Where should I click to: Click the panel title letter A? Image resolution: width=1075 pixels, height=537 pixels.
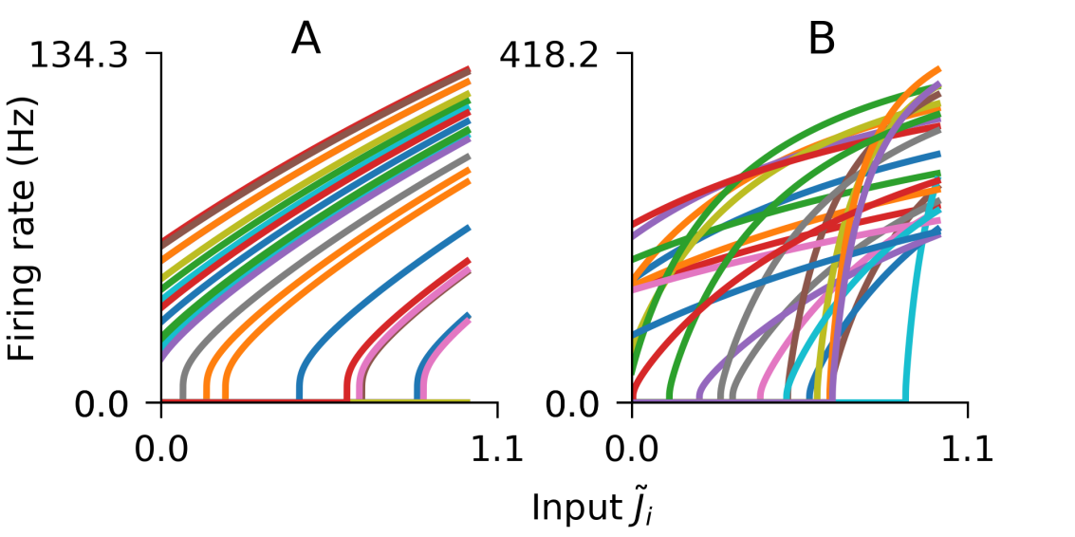[306, 39]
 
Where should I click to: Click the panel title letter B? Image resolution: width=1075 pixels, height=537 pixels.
[821, 39]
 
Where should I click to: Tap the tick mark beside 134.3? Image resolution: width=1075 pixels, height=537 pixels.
[156, 54]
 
